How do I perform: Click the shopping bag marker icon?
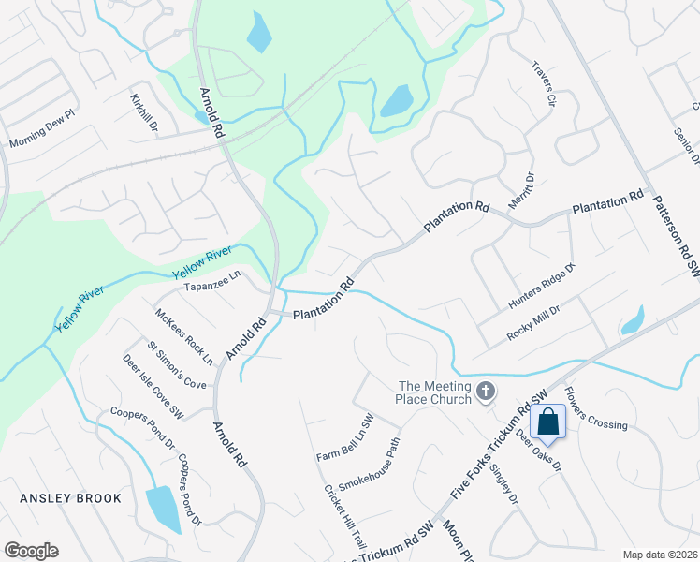coord(549,422)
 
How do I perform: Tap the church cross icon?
coord(485,390)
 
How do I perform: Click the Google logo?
coord(31,550)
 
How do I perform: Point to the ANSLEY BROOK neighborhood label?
coord(71,498)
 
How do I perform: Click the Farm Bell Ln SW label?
coord(344,442)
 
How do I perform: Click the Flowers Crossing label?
coord(596,410)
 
